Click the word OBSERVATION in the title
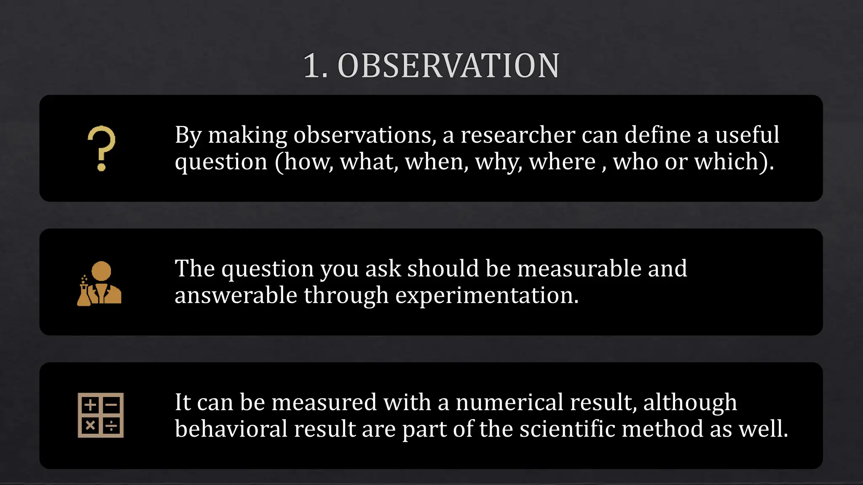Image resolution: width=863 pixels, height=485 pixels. coord(448,66)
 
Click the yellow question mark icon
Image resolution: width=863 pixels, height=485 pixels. coord(101,148)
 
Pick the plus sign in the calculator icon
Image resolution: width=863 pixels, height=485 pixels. coord(90,405)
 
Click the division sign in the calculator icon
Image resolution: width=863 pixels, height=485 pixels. coord(111,426)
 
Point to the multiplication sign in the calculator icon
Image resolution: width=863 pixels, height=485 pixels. coord(90,426)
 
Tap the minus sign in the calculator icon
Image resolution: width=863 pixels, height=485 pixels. coord(111,405)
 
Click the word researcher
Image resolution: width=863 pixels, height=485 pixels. coord(518,135)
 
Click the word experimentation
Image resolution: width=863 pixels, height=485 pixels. coord(487,296)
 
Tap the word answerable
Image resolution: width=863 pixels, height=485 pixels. coord(236,296)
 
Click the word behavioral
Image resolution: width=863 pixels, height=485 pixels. coord(231,429)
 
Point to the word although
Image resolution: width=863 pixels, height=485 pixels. coord(690,403)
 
